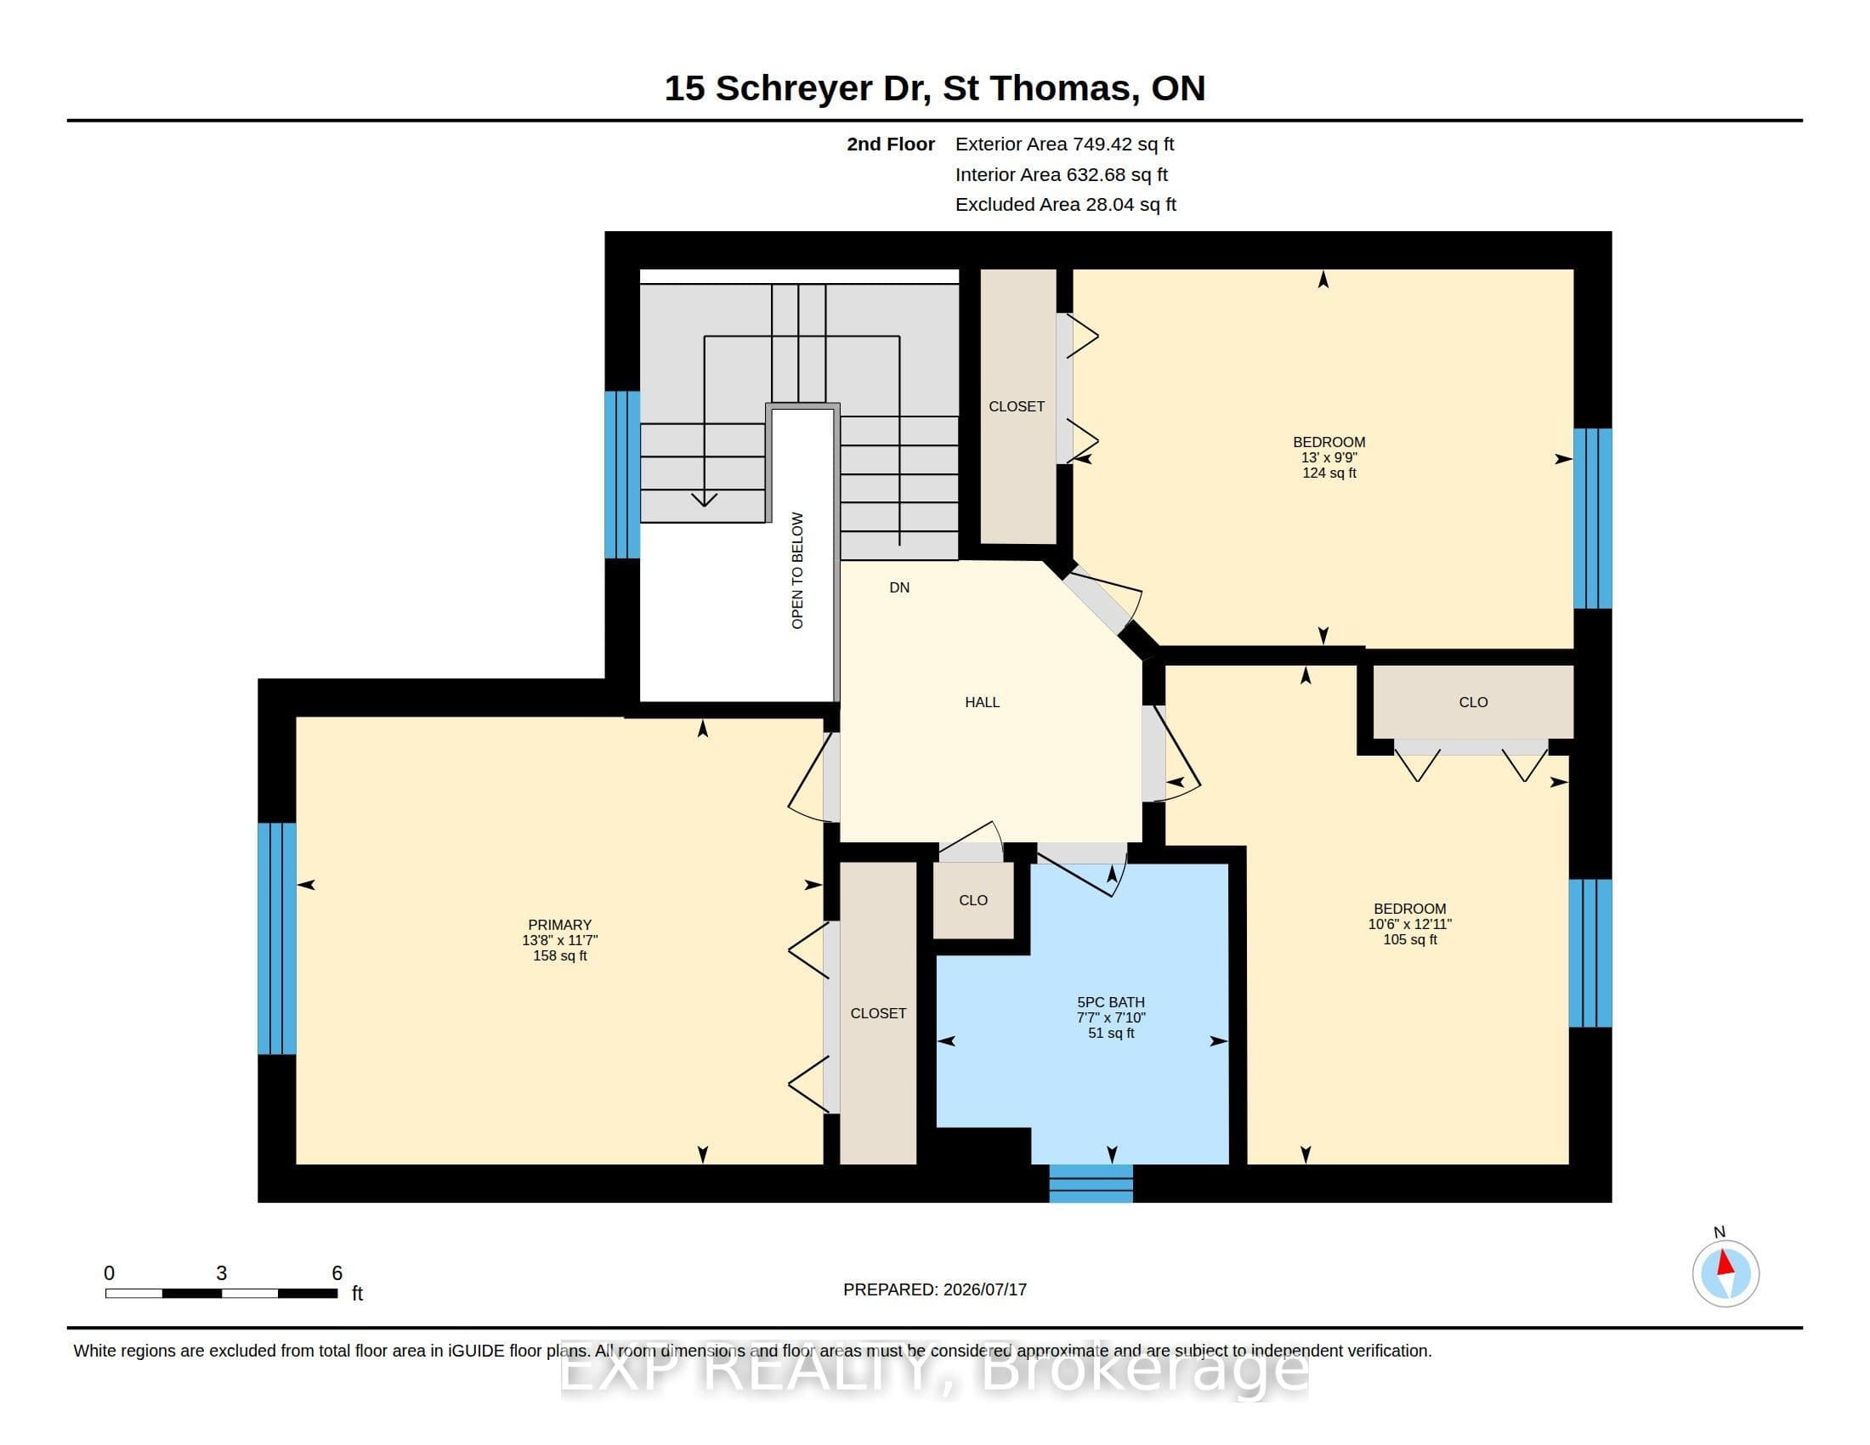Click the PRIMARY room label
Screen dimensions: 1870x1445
[x=559, y=925]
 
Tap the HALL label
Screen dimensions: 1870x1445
[x=982, y=702]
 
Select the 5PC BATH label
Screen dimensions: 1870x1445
[x=1111, y=1001]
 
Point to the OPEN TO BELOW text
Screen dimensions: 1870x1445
[x=797, y=571]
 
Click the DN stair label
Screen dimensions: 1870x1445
[x=899, y=587]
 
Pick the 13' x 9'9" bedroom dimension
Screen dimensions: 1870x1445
[x=1329, y=457]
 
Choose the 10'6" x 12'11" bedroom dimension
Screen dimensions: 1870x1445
[x=1409, y=924]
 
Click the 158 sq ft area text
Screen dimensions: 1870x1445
[x=560, y=955]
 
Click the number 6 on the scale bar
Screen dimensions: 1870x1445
[x=337, y=1273]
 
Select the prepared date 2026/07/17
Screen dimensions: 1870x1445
[x=984, y=1289]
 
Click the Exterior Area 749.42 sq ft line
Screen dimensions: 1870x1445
[x=1064, y=144]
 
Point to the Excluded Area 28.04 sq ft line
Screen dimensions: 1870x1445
[x=1065, y=205]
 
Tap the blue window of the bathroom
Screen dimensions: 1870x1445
[x=1091, y=1183]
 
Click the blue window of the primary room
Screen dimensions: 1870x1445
[x=276, y=938]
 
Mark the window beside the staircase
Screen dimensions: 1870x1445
[x=622, y=474]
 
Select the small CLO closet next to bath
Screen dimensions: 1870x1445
[x=973, y=900]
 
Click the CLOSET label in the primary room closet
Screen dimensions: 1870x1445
[x=878, y=1013]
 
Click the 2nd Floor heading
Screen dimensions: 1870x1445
[x=891, y=144]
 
